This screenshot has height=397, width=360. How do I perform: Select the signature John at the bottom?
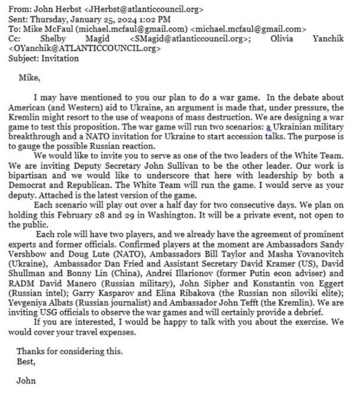[26, 381]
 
